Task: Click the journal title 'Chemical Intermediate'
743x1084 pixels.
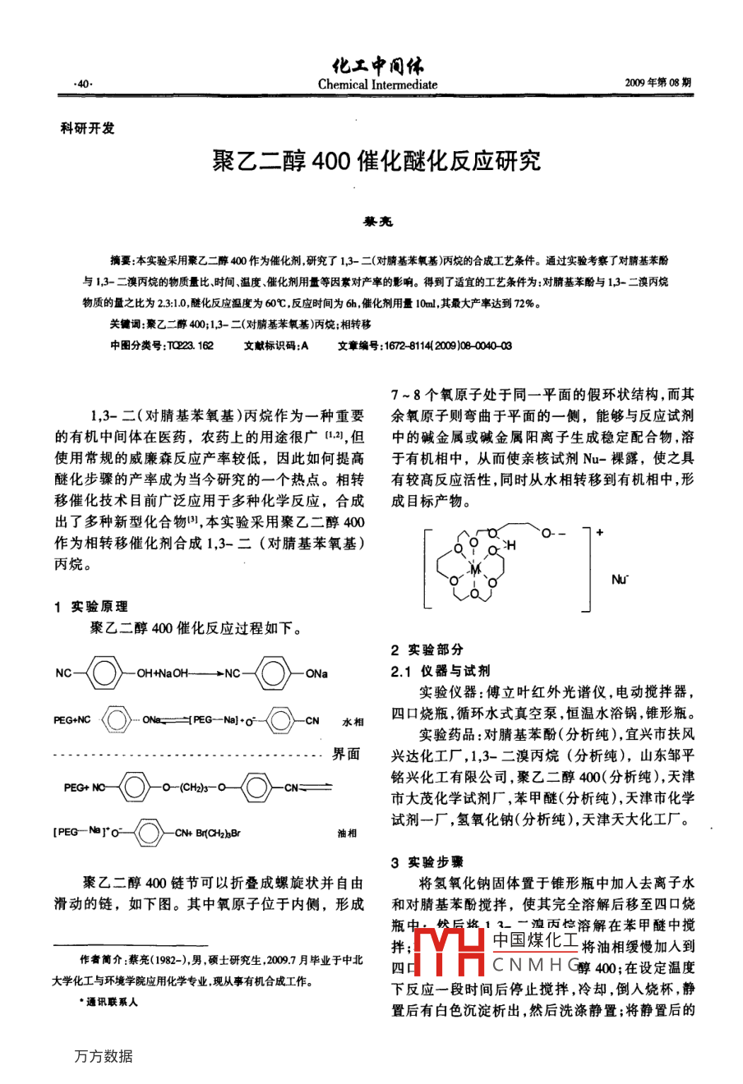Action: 377,85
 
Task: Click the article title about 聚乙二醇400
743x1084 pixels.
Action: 377,161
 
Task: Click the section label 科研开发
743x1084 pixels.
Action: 89,129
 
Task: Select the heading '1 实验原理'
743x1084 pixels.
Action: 91,606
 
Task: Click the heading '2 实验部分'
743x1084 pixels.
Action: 427,649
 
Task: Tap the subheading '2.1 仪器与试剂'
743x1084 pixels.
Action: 441,670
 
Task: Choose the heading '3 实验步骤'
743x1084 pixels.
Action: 427,861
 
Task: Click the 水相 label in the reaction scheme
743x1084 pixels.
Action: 351,722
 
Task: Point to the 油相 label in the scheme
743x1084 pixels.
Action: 347,833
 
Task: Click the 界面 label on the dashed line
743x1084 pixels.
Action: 346,754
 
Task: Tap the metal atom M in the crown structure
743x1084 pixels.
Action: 474,567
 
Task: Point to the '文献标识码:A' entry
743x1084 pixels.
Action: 276,346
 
